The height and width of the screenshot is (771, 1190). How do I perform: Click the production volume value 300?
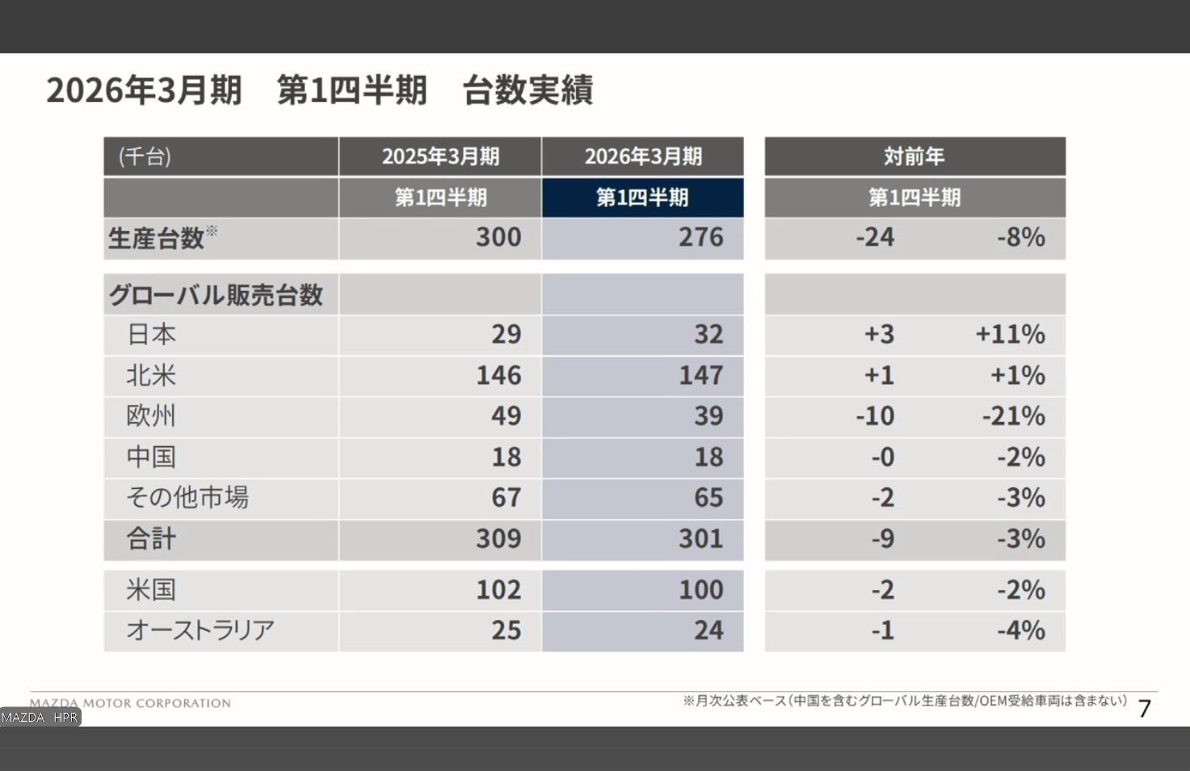tap(498, 238)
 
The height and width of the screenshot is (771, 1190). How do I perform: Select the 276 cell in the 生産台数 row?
tap(700, 238)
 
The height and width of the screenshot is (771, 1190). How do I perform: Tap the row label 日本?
tap(151, 335)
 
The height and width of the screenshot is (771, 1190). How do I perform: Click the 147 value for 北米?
tap(700, 376)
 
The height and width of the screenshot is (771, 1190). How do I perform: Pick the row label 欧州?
tap(151, 416)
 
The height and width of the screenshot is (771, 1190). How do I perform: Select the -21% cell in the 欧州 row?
tap(1013, 416)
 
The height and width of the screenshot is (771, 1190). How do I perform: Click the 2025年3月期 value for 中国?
tap(507, 457)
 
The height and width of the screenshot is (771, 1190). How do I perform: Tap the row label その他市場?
tap(187, 498)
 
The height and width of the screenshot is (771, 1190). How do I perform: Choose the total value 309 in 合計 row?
tap(498, 539)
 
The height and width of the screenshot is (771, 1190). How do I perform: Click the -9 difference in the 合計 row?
tap(882, 539)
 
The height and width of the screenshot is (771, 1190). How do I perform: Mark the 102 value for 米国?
tap(498, 590)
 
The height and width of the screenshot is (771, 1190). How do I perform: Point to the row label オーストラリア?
tap(200, 630)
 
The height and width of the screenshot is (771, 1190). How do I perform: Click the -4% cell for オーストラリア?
tap(1020, 630)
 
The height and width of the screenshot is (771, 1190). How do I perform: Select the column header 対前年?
tap(914, 157)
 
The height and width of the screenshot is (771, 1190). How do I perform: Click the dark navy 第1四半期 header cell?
tap(642, 198)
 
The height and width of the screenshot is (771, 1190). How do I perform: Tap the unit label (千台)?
tap(145, 157)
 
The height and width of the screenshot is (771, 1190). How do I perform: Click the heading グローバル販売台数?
tap(216, 295)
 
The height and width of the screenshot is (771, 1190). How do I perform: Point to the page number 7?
tap(1144, 709)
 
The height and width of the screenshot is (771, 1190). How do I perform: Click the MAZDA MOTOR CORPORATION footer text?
tap(131, 703)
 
